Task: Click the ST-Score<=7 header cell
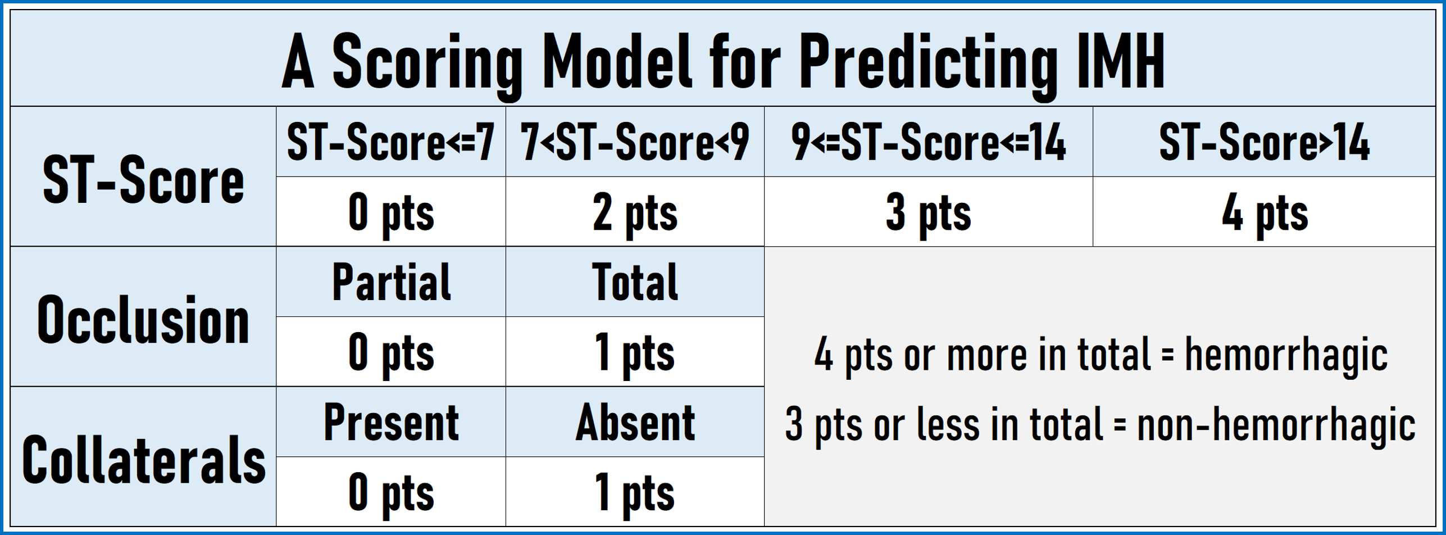[390, 142]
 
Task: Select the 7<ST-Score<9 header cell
[635, 142]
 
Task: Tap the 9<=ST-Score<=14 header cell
[929, 142]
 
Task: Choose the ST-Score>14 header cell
[1265, 142]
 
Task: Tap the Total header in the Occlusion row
[635, 282]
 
